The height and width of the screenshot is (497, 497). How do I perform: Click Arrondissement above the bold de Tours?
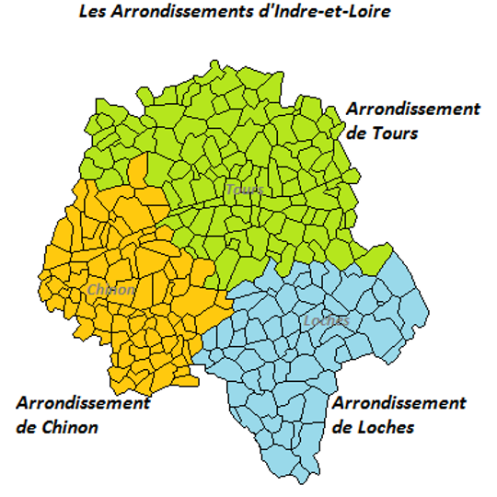413,109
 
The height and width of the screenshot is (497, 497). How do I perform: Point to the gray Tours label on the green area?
244,190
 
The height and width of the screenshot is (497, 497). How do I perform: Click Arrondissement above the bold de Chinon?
83,403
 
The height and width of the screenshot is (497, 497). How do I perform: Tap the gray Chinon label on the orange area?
111,290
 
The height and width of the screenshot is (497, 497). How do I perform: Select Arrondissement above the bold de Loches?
399,403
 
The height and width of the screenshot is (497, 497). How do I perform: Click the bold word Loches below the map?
386,427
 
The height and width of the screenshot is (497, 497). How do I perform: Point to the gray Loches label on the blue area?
326,321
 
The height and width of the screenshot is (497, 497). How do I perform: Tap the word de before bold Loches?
343,427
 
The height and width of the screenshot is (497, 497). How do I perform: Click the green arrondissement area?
276,138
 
